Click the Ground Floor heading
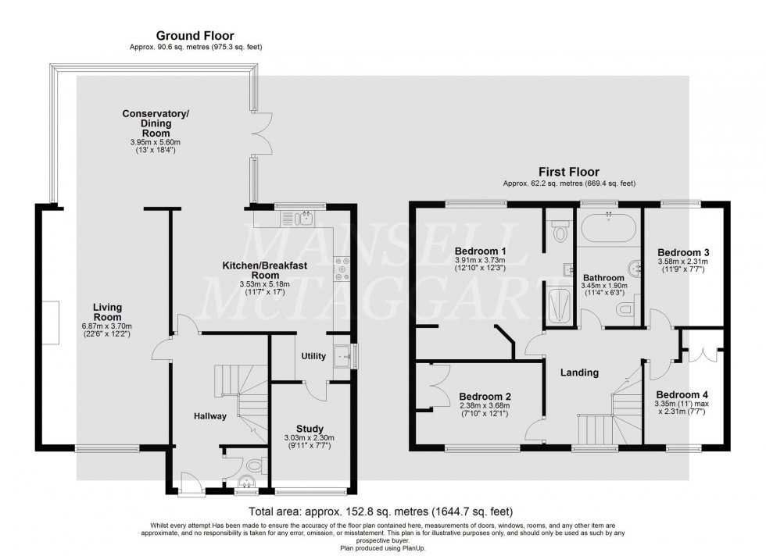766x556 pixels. click(x=195, y=35)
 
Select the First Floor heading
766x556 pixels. click(x=568, y=172)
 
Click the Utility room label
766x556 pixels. click(x=313, y=356)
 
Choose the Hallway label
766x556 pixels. click(x=210, y=416)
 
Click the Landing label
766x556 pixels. click(x=579, y=372)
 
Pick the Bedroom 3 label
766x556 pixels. click(x=683, y=252)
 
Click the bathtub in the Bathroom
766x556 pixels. click(x=608, y=230)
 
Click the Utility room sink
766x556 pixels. click(x=342, y=357)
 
